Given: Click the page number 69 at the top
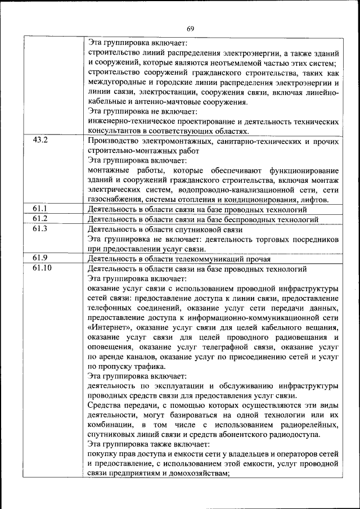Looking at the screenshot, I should click(190, 29).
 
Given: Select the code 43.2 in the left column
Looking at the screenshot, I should click(40, 140).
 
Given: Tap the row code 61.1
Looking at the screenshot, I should click(40, 209).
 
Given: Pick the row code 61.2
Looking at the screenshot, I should click(40, 219).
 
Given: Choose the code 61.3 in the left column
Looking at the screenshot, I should click(40, 229).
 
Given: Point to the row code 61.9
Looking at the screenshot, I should click(40, 259).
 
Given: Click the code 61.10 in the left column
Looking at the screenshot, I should click(42, 268).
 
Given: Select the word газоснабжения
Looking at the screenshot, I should click(114, 200).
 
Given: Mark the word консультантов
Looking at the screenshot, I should click(116, 131).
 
